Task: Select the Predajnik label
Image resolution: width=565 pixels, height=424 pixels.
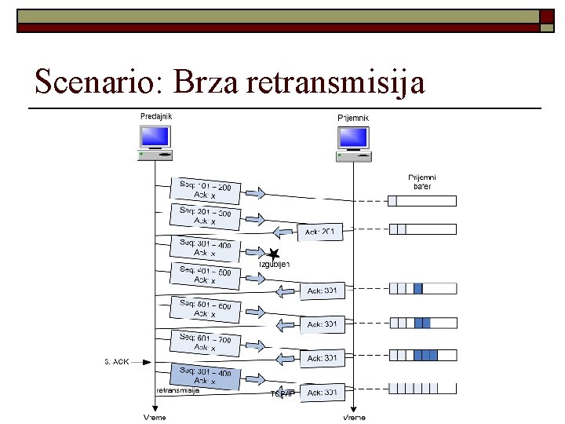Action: pos(156,117)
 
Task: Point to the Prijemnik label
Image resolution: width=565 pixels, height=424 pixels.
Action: pos(352,118)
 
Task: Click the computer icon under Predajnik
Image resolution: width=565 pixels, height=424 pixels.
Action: pos(155,142)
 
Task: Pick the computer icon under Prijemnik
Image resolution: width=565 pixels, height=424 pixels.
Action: pos(353,142)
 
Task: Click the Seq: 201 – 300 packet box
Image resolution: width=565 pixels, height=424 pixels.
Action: pos(206,217)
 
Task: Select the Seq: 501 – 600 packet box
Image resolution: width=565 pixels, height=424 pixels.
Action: pos(206,309)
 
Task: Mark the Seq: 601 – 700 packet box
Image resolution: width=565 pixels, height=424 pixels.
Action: pos(206,342)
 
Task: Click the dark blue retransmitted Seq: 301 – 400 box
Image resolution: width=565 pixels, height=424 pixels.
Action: pos(206,377)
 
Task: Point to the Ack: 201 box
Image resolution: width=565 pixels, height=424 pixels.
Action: pos(320,232)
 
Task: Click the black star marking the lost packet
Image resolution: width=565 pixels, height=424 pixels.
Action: pos(273,254)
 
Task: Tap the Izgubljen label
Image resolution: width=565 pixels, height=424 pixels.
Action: pos(275,265)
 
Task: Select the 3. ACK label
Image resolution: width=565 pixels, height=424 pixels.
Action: pos(117,362)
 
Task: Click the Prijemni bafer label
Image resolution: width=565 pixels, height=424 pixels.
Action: pos(422,181)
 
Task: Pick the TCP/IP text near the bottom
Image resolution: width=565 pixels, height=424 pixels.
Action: pos(282,393)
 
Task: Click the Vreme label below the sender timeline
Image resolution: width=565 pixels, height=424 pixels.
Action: pos(155,417)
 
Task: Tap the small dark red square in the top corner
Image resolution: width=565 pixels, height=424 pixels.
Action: pos(546,16)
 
